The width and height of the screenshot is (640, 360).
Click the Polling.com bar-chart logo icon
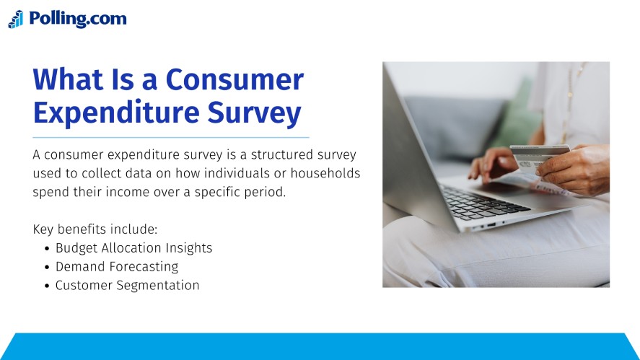16,19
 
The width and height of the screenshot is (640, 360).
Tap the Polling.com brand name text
77,19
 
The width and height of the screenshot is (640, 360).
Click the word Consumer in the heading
234,79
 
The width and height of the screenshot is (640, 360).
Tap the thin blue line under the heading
171,137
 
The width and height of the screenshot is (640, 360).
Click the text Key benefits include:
95,229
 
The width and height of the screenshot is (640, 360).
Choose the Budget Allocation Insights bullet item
133,248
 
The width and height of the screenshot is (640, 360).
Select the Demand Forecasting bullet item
116,267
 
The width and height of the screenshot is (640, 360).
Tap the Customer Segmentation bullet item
127,285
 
